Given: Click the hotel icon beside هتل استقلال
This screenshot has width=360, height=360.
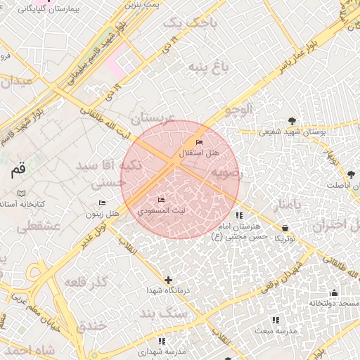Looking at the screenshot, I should tap(199, 143).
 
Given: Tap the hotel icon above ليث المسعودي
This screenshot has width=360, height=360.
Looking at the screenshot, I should tap(162, 201).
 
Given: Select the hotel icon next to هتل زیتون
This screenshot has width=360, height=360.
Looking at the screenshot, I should tap(103, 203).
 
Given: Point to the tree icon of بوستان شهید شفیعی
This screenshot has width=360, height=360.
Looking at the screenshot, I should tap(292, 120).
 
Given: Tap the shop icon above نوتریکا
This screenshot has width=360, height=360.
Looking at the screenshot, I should tap(285, 228).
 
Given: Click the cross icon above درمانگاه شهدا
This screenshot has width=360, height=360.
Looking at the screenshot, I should tap(168, 280).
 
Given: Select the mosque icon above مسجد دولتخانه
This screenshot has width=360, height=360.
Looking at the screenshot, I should tap(334, 292).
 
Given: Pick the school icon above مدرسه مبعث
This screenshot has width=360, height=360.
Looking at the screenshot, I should tap(275, 320).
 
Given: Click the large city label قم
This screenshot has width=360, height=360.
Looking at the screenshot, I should tap(18, 169).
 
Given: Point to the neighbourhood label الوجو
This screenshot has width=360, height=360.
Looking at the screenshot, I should tap(235, 110).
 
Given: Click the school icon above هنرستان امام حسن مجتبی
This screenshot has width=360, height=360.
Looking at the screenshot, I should tap(239, 216).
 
